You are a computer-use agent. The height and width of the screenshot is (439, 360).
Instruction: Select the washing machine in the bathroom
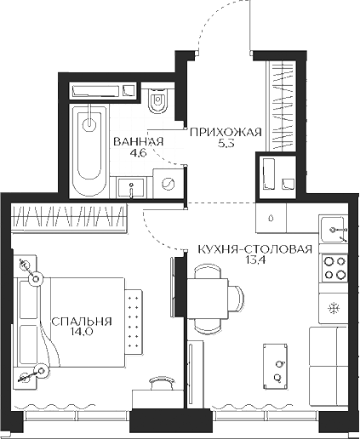click(168, 182)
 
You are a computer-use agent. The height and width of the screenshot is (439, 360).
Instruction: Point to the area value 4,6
click(136, 155)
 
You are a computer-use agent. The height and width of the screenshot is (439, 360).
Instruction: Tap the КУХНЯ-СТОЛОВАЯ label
click(254, 248)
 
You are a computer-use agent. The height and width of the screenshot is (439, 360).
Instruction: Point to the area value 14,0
click(82, 334)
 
